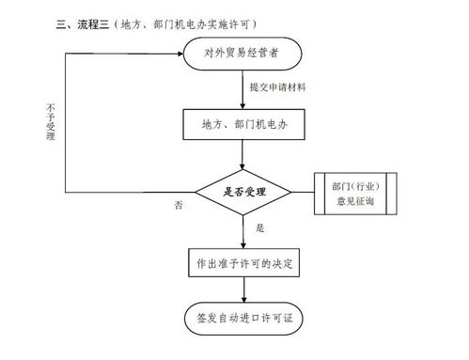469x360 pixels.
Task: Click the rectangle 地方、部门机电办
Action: coord(242,122)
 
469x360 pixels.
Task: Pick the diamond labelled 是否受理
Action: coord(243,191)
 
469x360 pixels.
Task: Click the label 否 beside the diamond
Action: coord(179,204)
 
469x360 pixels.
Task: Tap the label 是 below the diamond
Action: coord(260,228)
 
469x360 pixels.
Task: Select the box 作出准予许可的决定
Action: coord(242,264)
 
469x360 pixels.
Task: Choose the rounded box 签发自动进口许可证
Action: coord(242,319)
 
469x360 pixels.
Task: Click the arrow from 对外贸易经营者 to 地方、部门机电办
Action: coord(243,89)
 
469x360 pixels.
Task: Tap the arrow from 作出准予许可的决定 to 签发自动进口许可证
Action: coord(243,291)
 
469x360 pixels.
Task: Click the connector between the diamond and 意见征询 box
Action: coord(303,191)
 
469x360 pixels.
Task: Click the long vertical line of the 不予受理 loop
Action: coord(64,122)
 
